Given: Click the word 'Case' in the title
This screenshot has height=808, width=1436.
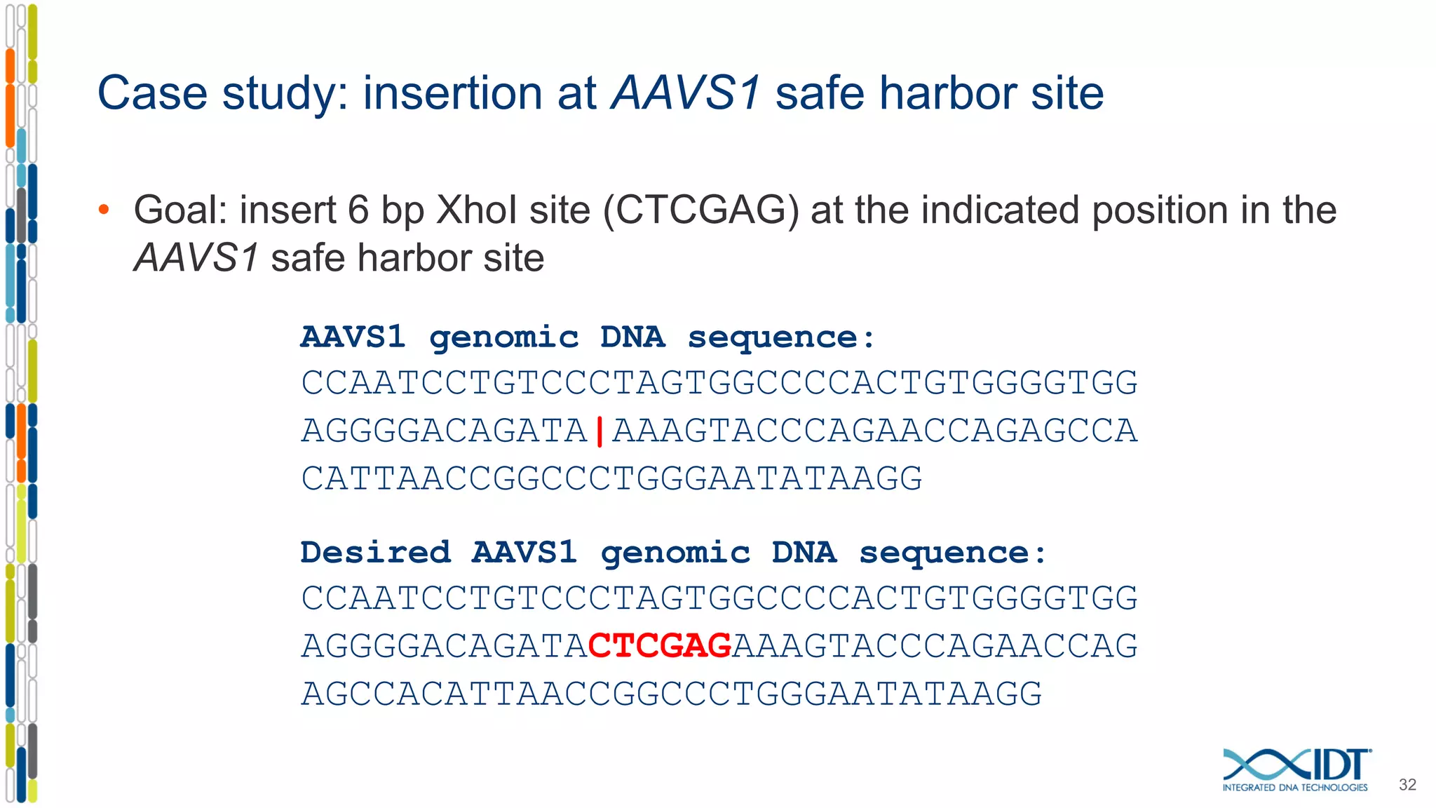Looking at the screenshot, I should (152, 93).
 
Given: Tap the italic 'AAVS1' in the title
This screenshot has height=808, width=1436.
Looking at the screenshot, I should (686, 93).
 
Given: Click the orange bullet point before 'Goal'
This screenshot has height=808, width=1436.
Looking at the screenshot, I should (104, 209).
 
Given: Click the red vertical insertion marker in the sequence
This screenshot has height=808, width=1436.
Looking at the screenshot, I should (600, 431).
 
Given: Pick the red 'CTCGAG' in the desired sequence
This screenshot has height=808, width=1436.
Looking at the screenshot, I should (660, 646).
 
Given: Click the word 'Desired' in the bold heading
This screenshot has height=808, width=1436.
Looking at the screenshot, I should (375, 553).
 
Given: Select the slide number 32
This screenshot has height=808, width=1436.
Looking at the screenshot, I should (1407, 785).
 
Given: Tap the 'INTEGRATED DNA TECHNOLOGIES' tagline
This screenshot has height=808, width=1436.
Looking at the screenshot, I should (1294, 788).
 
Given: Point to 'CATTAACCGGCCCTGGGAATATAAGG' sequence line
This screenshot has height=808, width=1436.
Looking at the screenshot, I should (611, 479).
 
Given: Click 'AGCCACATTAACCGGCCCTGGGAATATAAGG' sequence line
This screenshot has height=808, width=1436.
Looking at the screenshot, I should (671, 694).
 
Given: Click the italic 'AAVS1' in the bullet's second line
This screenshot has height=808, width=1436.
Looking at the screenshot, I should (196, 258).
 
